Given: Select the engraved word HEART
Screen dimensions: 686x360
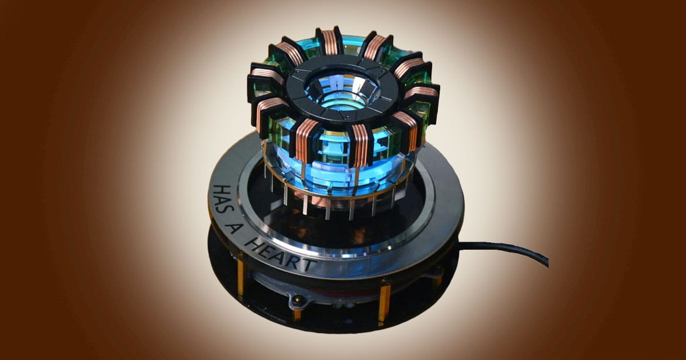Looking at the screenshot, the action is (x=279, y=255).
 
